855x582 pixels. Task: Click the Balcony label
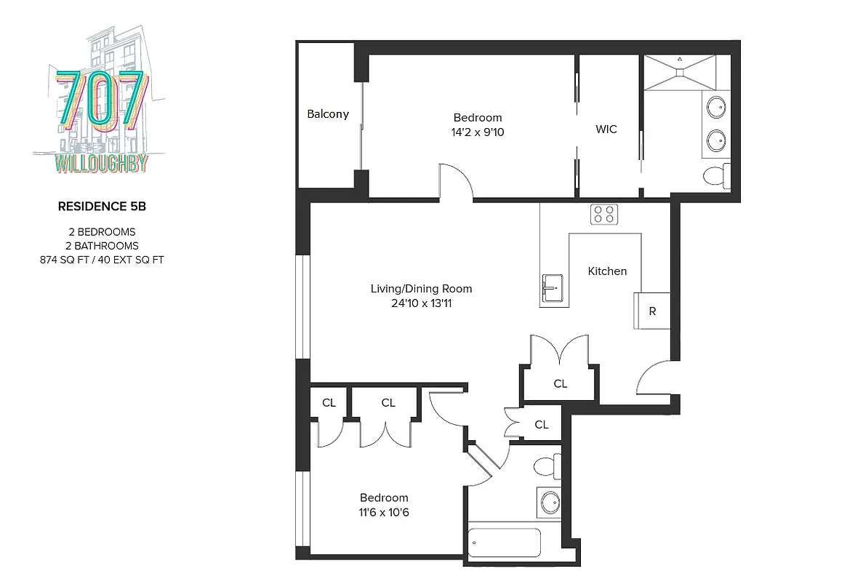pos(328,114)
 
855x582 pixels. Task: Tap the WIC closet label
pos(606,129)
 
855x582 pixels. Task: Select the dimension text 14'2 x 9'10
pos(478,132)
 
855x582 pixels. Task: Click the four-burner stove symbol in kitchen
pos(603,214)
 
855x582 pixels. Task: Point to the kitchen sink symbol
pos(552,288)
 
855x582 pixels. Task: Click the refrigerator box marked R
pos(652,311)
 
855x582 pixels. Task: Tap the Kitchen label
pos(607,271)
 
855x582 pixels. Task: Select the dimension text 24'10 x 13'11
pos(422,303)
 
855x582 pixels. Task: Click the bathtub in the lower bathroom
pos(505,542)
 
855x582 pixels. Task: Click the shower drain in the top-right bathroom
pos(681,71)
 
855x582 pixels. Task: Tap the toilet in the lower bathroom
pos(546,465)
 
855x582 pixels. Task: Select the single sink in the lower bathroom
pos(550,501)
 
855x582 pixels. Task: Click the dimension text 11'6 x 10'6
pos(384,512)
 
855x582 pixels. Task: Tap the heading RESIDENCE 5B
pos(102,207)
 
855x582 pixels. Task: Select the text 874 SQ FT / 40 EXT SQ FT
pos(102,259)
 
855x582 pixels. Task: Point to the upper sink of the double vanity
pos(717,107)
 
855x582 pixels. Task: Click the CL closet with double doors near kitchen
pos(560,383)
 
